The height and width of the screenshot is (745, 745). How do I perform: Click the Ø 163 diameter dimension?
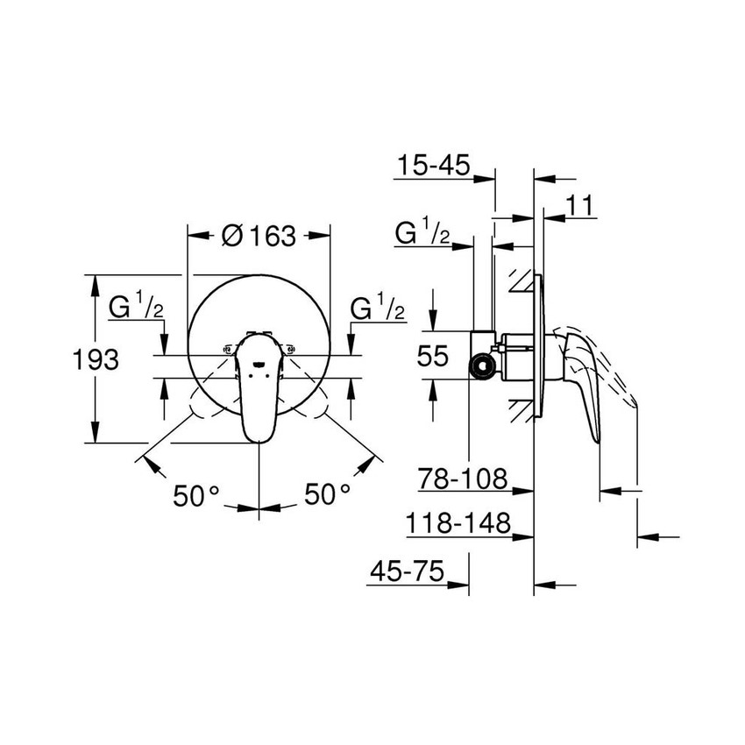(x=259, y=237)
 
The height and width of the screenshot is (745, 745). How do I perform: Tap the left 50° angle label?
(x=195, y=495)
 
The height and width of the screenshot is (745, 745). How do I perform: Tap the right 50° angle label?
(x=327, y=495)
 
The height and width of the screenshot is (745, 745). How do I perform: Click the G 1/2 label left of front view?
(x=135, y=309)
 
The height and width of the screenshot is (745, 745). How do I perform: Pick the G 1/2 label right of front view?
(x=377, y=309)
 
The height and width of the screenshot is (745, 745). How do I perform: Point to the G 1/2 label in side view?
(x=423, y=235)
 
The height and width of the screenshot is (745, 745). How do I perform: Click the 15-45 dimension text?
(x=433, y=165)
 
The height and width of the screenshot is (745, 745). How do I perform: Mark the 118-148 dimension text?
(x=458, y=524)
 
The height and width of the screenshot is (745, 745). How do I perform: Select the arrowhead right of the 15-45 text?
(x=486, y=179)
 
